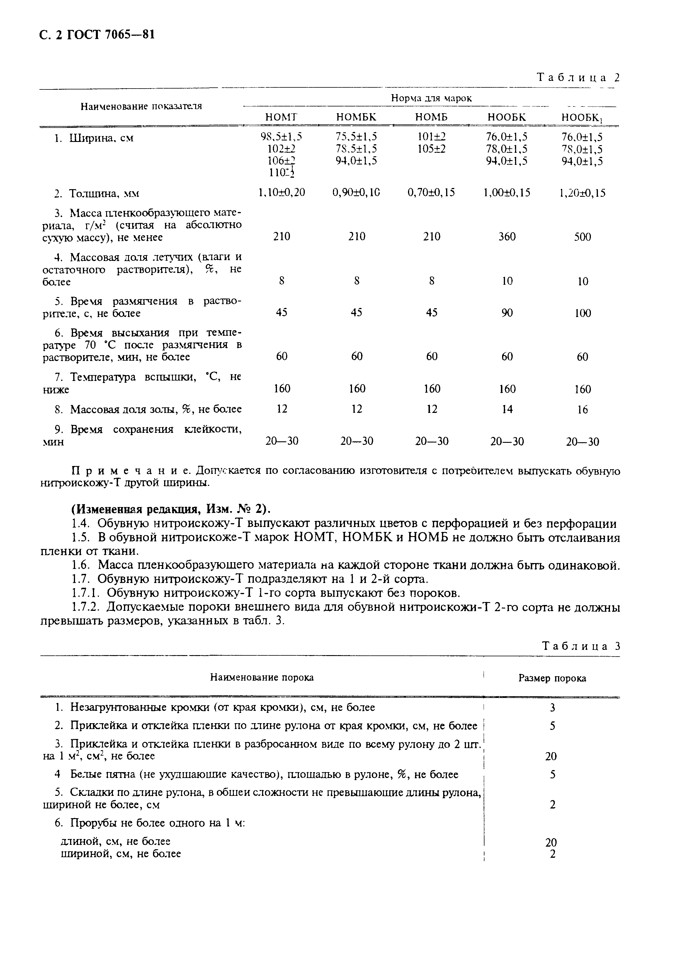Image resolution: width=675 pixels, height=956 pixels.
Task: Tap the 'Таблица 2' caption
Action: (578, 78)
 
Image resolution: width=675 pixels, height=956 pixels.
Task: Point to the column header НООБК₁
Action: (582, 118)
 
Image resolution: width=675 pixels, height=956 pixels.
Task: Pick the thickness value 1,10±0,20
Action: (281, 192)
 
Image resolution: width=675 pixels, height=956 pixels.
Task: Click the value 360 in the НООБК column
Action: (507, 236)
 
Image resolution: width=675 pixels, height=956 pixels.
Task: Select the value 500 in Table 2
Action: (582, 237)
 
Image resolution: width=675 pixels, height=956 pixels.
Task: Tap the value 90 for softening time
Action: (507, 313)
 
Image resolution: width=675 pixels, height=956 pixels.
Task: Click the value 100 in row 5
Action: (583, 313)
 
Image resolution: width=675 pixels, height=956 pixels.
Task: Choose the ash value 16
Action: (583, 410)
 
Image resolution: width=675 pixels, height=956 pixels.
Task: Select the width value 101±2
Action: (431, 137)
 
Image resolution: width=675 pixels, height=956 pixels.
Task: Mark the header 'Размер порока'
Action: (552, 678)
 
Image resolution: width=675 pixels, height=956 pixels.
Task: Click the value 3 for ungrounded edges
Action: (552, 707)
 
